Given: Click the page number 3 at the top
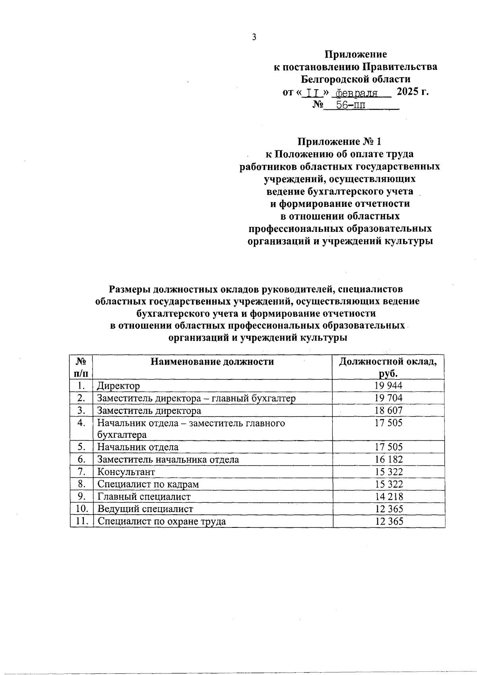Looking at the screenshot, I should [254, 37].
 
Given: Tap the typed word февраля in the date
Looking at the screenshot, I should [357, 93].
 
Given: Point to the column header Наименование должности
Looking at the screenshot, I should [212, 362].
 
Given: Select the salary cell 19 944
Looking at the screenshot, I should [388, 385].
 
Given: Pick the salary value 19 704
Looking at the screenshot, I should [388, 398].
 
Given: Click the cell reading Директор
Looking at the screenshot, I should [118, 386].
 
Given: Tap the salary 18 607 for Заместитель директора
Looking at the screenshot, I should [388, 410].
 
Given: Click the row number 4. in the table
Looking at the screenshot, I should [81, 423].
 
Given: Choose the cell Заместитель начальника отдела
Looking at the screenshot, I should [168, 460].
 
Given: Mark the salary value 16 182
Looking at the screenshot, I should [388, 459].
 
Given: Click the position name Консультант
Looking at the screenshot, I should [126, 472].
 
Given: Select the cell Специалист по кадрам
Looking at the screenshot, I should [148, 484].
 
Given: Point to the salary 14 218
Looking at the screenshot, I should [388, 496].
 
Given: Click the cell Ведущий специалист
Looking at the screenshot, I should [145, 509].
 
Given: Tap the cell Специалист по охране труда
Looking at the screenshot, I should [161, 521].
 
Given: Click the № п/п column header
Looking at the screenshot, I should [81, 367].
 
